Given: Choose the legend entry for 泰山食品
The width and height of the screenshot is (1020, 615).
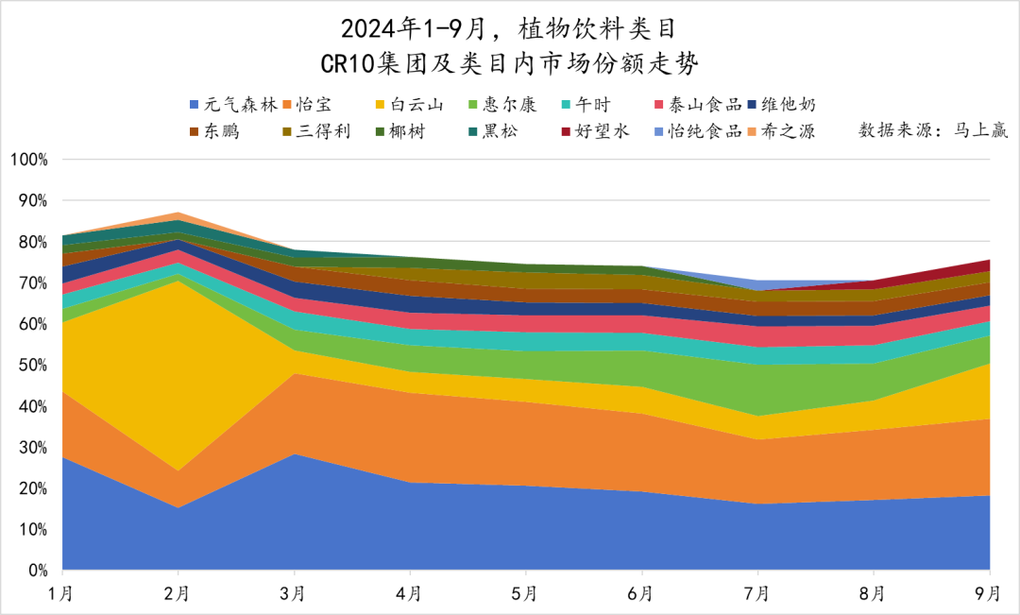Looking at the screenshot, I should pos(698,105).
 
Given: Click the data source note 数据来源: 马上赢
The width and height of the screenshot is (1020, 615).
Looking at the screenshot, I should pos(934,131).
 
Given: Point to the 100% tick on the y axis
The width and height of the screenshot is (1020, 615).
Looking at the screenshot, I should pos(27,159).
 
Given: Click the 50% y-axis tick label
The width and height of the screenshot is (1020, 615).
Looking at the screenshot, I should pos(31,365).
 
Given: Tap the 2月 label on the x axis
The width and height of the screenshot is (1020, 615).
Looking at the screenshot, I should pos(178,593).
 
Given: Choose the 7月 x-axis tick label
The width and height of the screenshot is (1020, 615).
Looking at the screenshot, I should pos(757,593).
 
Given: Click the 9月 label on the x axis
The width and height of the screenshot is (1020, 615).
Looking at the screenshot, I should pos(989,593).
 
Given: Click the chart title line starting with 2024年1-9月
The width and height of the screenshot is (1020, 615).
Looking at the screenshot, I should pos(509,29).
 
